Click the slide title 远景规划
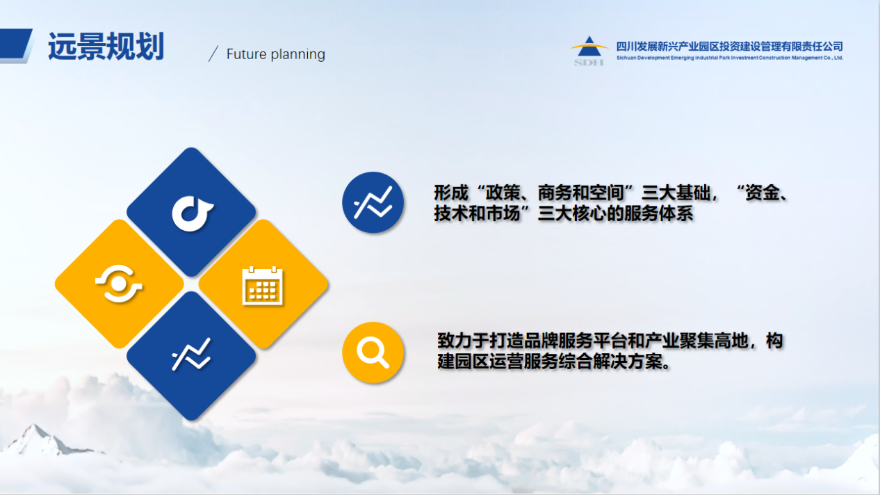(106, 47)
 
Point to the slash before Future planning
(213, 54)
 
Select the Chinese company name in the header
(730, 47)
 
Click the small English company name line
(730, 58)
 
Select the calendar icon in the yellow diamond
(263, 286)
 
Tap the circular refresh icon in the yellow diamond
(119, 284)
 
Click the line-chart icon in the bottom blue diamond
(191, 355)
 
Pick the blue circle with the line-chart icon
(373, 202)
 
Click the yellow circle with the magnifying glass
(373, 352)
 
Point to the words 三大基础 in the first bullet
(676, 193)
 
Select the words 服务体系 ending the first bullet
(658, 213)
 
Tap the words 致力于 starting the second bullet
(463, 341)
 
